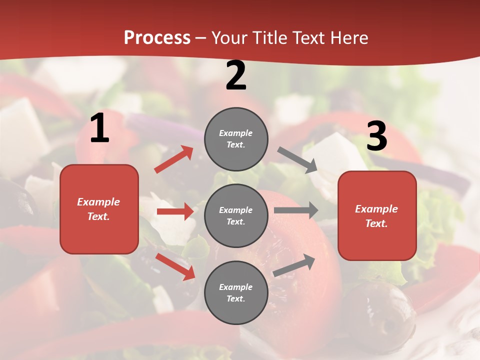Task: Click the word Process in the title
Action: pyautogui.click(x=157, y=38)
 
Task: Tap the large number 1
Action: pyautogui.click(x=99, y=128)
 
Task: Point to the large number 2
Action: pyautogui.click(x=236, y=75)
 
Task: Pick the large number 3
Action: pyautogui.click(x=376, y=136)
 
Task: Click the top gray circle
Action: pyautogui.click(x=236, y=139)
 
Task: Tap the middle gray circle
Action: pyautogui.click(x=236, y=215)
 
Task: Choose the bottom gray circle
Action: pyautogui.click(x=236, y=292)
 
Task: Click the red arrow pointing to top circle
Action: pyautogui.click(x=174, y=159)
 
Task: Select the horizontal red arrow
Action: pyautogui.click(x=175, y=211)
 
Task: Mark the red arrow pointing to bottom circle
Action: pyautogui.click(x=175, y=266)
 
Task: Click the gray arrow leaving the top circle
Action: pyautogui.click(x=297, y=160)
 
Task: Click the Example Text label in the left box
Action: pyautogui.click(x=98, y=209)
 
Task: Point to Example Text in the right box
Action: pyautogui.click(x=376, y=216)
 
